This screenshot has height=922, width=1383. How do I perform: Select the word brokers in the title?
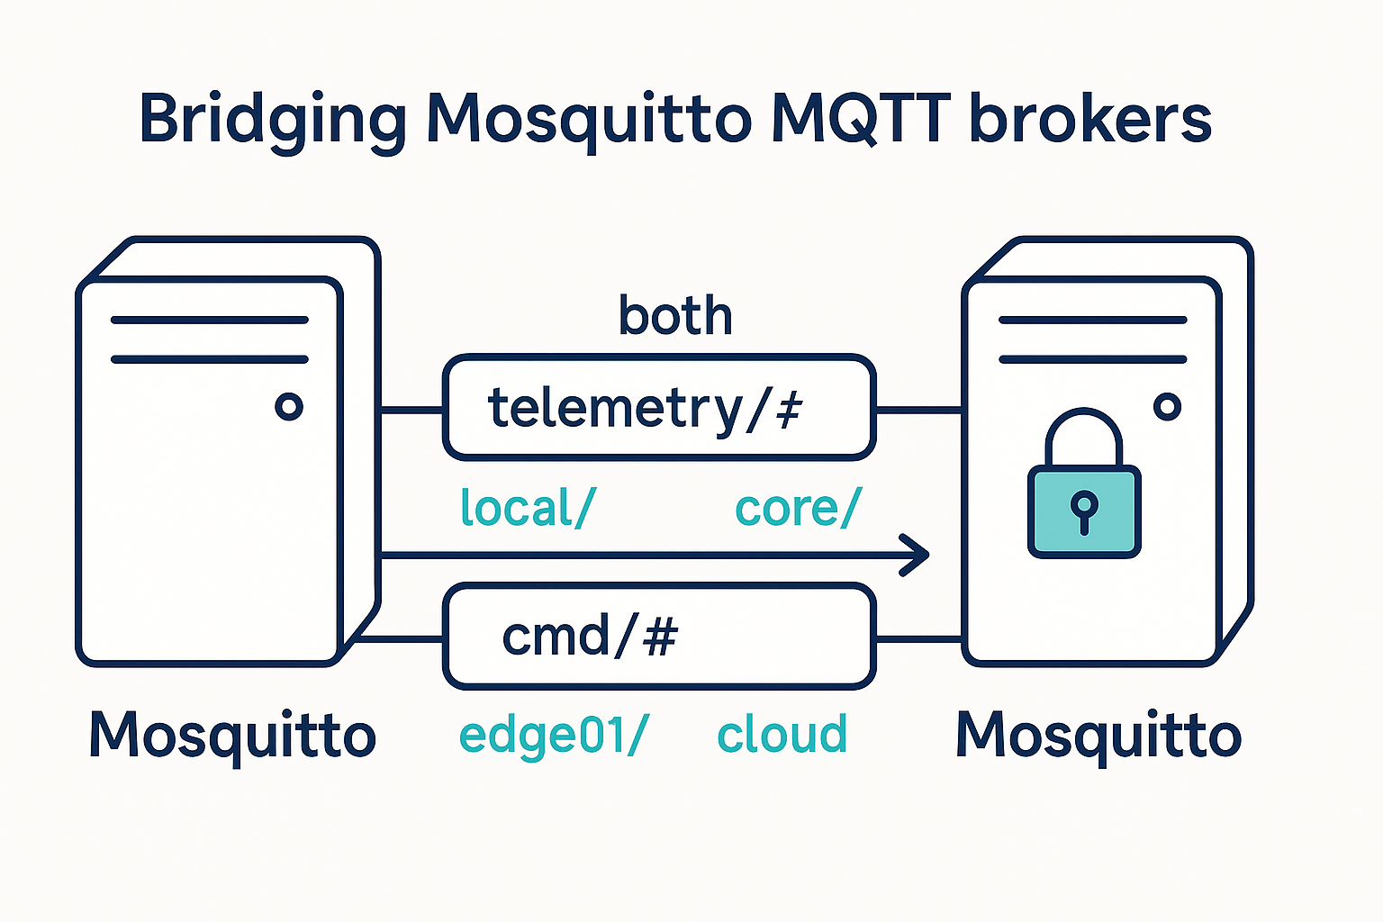point(1090,118)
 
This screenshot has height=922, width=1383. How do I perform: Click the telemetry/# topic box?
point(658,408)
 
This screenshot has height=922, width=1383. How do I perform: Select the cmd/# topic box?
point(658,637)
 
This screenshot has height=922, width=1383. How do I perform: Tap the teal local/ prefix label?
point(527,508)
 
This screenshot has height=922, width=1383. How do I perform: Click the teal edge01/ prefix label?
point(553,735)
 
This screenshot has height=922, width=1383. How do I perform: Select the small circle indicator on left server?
point(289,407)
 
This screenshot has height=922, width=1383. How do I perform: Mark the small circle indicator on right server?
point(1168,407)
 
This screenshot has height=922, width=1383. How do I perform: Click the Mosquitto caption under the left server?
point(232,736)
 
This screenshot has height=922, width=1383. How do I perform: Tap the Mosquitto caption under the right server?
point(1098,736)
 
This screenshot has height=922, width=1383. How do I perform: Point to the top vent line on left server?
point(209,320)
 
